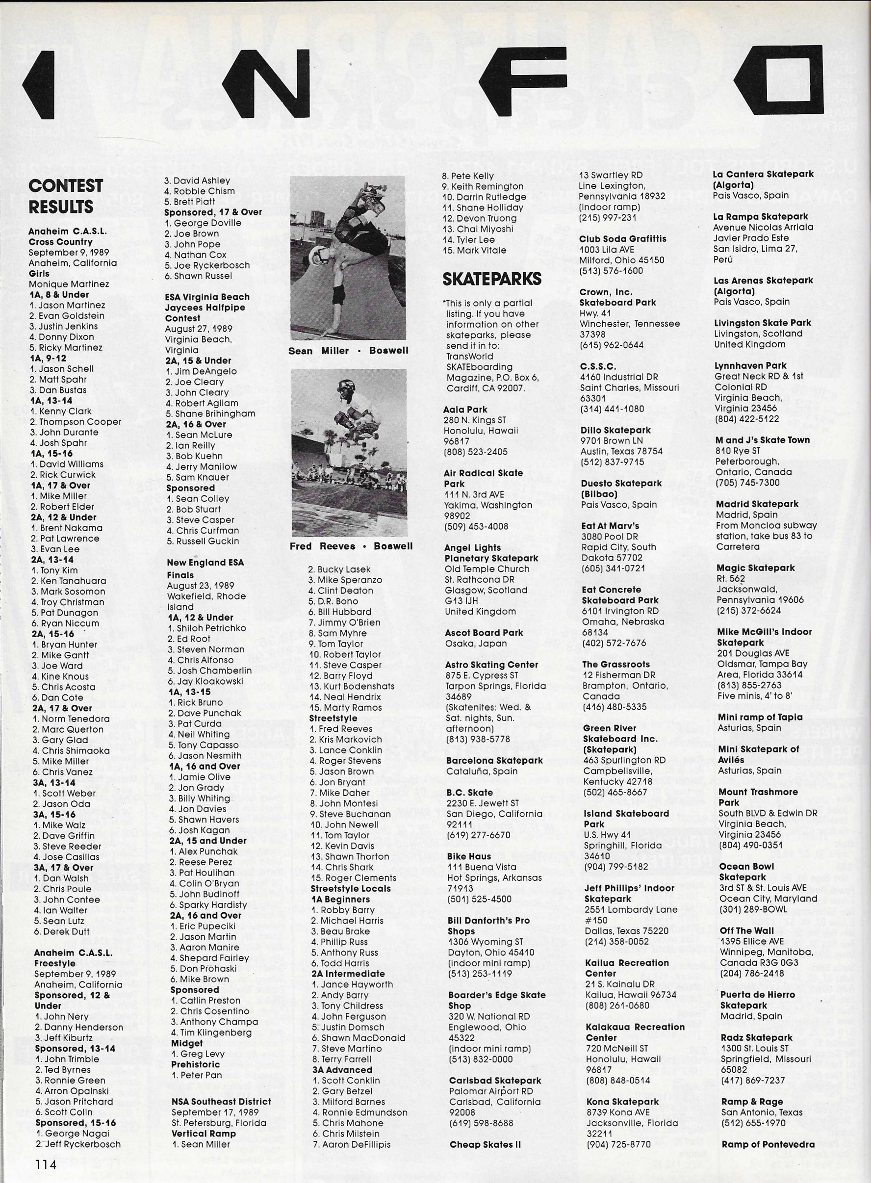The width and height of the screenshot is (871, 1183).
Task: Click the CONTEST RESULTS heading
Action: (x=65, y=196)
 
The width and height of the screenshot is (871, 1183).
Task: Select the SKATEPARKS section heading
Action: (x=492, y=279)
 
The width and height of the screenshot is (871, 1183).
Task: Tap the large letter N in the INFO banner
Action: (x=265, y=83)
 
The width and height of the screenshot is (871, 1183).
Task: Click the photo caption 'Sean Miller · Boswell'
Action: (x=348, y=351)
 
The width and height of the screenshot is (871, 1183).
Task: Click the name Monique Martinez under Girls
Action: (x=69, y=284)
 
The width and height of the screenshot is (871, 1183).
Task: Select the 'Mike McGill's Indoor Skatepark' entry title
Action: (x=764, y=637)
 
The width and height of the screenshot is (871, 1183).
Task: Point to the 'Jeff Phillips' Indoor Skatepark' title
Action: (x=629, y=893)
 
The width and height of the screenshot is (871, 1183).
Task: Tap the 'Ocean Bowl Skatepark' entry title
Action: (x=746, y=872)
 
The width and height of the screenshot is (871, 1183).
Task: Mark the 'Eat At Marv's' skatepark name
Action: (x=610, y=526)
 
